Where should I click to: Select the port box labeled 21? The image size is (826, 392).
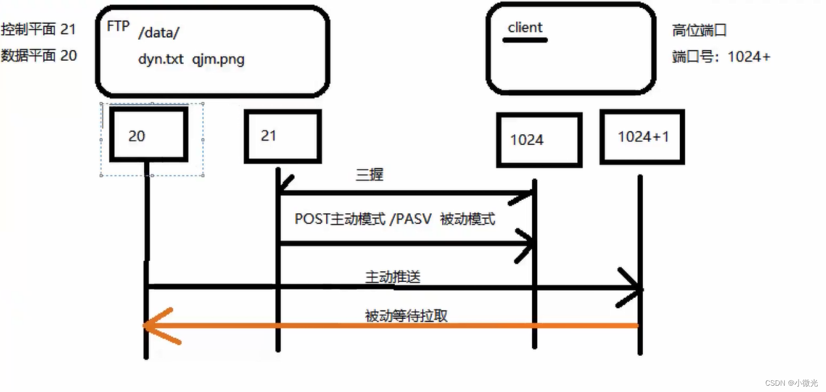click(x=282, y=136)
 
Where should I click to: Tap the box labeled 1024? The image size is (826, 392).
click(x=538, y=140)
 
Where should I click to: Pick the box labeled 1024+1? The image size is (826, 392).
click(x=642, y=136)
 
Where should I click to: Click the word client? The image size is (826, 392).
click(x=525, y=27)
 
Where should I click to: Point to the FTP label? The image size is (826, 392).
click(x=118, y=26)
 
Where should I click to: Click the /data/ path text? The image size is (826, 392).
click(x=159, y=33)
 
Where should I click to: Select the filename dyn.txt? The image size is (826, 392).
click(x=160, y=59)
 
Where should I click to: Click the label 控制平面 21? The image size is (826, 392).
click(x=39, y=30)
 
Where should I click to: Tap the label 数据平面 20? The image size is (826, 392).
click(x=39, y=55)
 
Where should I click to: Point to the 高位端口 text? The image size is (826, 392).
click(x=699, y=31)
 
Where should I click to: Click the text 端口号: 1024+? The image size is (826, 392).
click(x=721, y=57)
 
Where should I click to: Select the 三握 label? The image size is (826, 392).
click(x=369, y=175)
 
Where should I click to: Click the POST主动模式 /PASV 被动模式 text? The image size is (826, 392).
click(x=395, y=219)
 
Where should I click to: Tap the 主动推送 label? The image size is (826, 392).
click(x=393, y=277)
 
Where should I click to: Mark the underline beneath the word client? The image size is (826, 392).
click(x=525, y=40)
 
